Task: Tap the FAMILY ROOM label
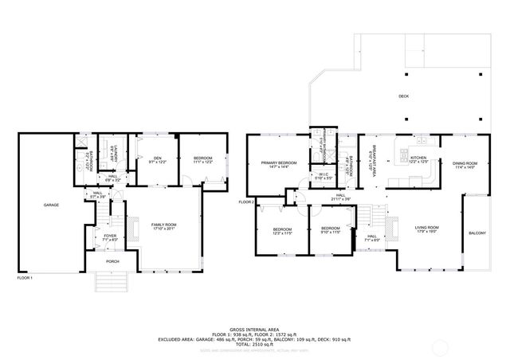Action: [164, 225]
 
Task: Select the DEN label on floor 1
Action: [157, 158]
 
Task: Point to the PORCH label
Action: [112, 260]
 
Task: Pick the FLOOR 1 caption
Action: [26, 278]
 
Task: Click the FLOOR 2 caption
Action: [246, 202]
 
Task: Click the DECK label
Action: [404, 96]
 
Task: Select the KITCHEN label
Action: [418, 158]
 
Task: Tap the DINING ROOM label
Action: [465, 165]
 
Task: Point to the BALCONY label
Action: [477, 233]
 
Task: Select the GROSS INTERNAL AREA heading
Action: [255, 328]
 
